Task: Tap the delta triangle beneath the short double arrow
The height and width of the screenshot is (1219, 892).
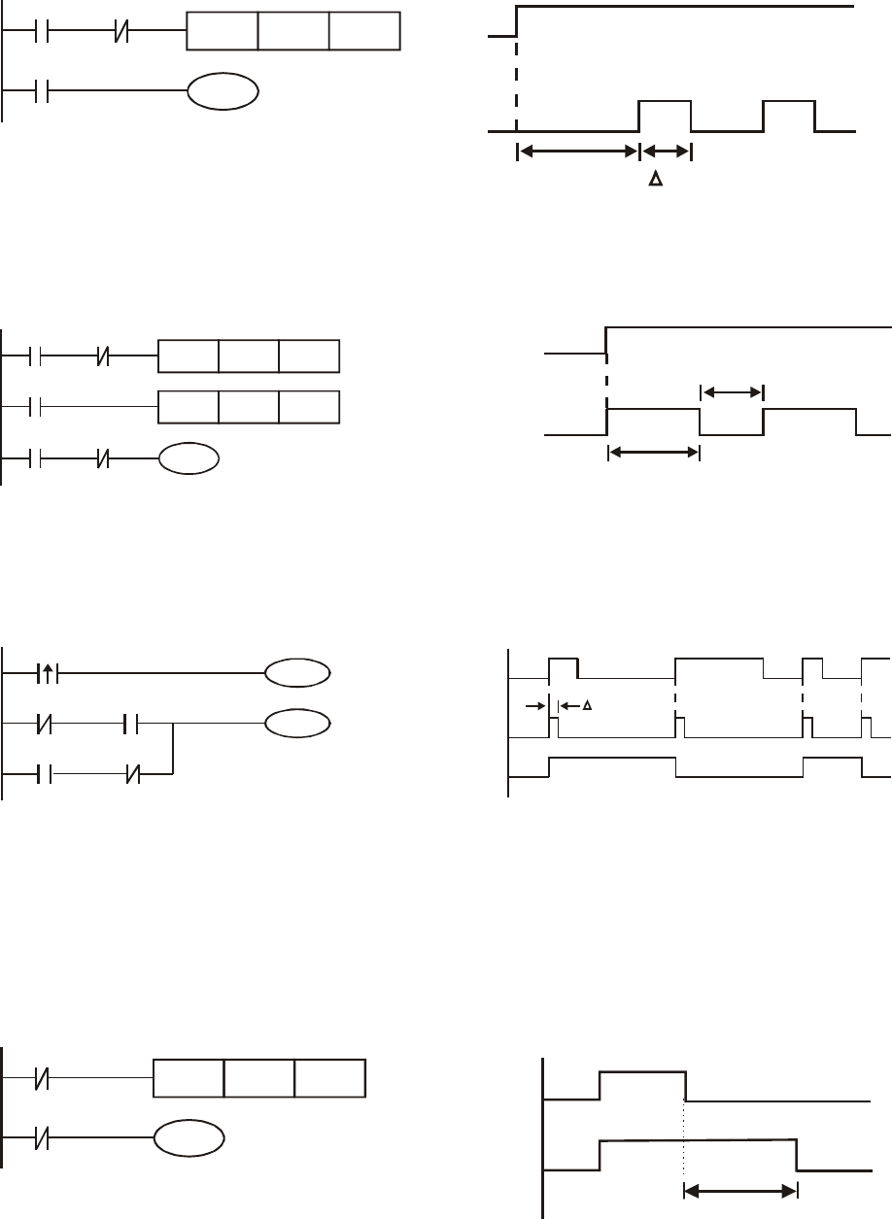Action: tap(655, 180)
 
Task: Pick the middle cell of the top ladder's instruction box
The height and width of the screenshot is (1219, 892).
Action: tap(293, 32)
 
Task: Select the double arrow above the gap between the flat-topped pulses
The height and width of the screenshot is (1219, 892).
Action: tap(732, 392)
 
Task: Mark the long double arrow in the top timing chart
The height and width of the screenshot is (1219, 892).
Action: tap(577, 152)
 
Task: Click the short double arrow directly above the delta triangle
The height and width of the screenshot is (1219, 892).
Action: tap(665, 152)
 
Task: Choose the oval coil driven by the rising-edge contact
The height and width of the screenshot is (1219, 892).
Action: tap(297, 671)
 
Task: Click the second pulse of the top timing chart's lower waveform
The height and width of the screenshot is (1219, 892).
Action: tap(788, 115)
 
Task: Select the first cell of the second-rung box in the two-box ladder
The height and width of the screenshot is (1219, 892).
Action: tap(188, 407)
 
